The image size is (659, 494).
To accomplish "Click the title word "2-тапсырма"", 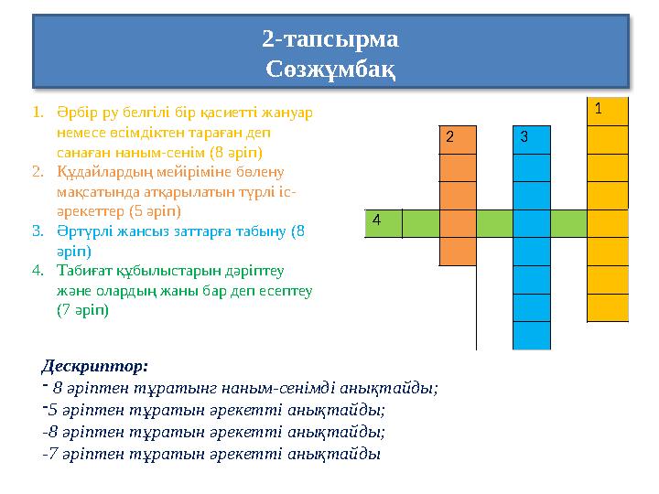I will click(x=329, y=39).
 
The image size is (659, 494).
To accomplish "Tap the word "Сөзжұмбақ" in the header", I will click(x=329, y=69).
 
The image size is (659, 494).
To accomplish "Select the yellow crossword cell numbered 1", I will click(x=608, y=111).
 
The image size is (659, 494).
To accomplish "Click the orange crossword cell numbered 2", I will click(x=458, y=139).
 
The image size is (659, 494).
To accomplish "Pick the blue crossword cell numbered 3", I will click(x=532, y=139).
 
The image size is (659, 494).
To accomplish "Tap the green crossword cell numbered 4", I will click(x=383, y=223).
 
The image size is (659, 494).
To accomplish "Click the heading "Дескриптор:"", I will click(x=95, y=367).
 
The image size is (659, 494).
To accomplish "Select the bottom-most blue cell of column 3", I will click(x=532, y=336).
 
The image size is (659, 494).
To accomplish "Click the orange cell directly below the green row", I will click(x=458, y=252).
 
